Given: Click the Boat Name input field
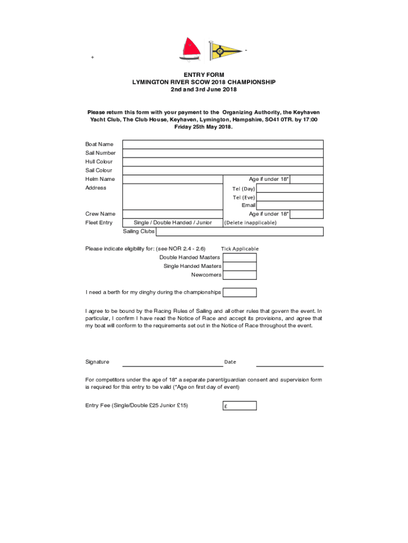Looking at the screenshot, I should (223, 144).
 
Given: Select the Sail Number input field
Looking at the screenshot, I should (223, 153).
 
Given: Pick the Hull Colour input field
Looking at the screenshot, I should (223, 162).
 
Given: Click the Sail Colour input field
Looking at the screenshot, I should (223, 170).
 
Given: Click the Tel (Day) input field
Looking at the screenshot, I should (289, 188).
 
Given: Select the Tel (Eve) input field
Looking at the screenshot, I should (289, 197).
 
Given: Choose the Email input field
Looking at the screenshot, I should (289, 205).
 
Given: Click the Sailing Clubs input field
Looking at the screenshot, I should (240, 231).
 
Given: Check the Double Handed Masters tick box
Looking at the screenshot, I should (240, 258).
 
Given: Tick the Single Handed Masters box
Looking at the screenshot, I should (240, 266).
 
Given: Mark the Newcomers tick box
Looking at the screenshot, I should (240, 275).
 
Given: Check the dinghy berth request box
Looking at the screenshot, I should (240, 292).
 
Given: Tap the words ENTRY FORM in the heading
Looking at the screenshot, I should (204, 75).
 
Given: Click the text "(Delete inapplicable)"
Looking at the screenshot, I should (250, 223).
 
